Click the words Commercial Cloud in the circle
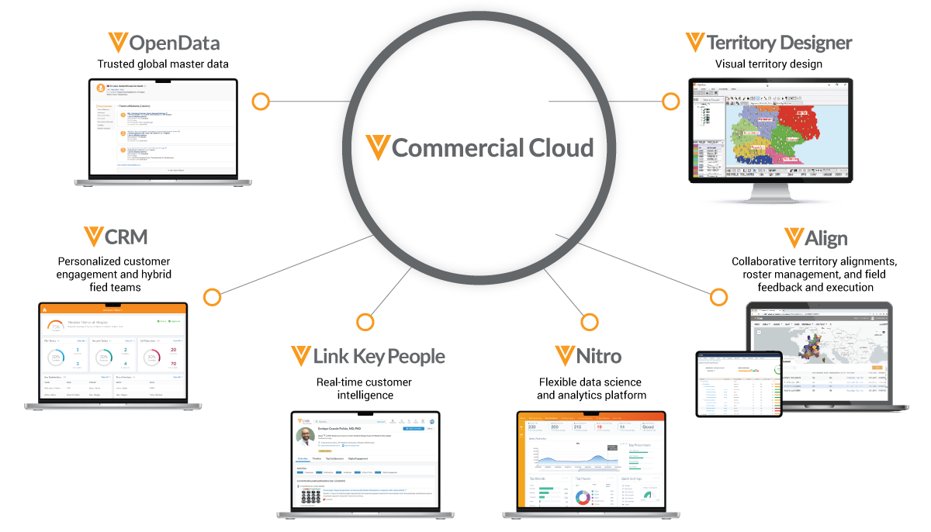[x=493, y=147]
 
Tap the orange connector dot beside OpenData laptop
[x=261, y=101]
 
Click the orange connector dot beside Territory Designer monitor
[x=670, y=101]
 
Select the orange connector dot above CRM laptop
[x=212, y=296]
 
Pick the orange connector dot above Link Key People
[x=365, y=321]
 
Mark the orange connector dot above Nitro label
[x=590, y=321]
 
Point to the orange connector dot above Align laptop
[x=719, y=296]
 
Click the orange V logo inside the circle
[x=378, y=147]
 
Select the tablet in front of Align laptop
[x=739, y=383]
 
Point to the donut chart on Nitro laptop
[x=582, y=496]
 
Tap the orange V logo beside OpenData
[x=118, y=43]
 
